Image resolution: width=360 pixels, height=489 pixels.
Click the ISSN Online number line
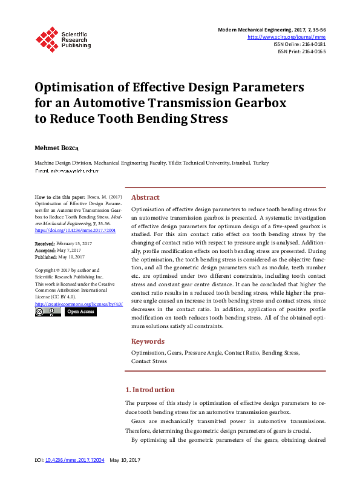(299, 44)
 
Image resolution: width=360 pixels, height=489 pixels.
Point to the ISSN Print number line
(301, 51)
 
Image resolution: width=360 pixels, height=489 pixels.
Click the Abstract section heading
(145, 197)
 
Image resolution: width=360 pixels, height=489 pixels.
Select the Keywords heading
(148, 341)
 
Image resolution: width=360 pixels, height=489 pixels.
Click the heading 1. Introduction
(149, 390)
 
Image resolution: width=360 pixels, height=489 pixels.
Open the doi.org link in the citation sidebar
(75, 231)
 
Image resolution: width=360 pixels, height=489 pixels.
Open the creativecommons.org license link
(79, 304)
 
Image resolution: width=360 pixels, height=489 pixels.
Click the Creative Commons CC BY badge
(48, 312)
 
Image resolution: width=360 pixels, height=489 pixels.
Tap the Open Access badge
(80, 312)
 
